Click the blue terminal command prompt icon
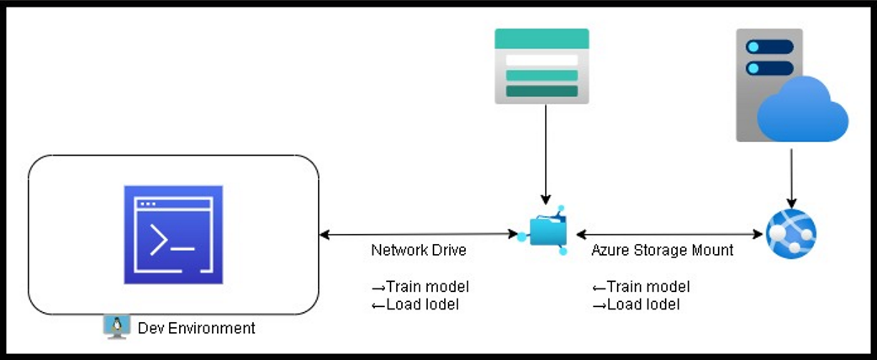pos(173,235)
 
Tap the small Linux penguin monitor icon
pos(117,326)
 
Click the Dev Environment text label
pos(196,327)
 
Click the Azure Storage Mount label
pos(662,250)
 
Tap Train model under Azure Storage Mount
pos(641,287)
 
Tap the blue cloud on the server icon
pos(803,109)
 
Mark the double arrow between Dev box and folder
pos(418,235)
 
